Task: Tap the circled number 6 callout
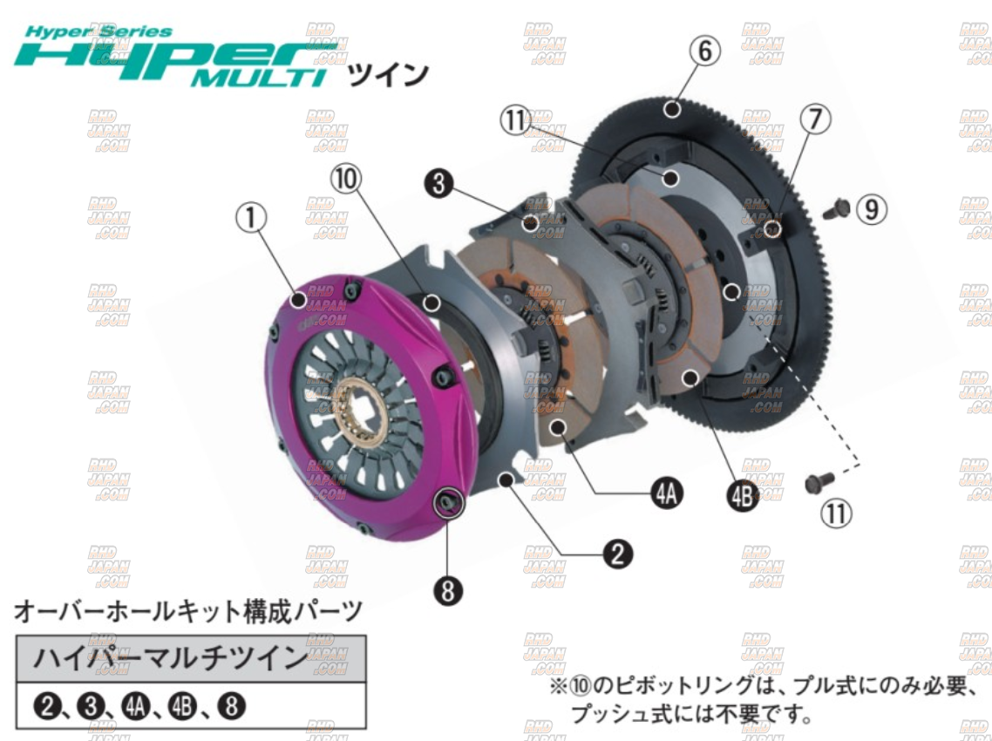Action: [706, 51]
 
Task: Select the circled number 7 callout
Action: [814, 120]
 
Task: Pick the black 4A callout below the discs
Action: [667, 494]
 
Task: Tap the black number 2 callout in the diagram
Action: [618, 553]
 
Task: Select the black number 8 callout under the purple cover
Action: [447, 590]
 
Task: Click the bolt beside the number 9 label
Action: [837, 208]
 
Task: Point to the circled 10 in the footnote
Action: [580, 687]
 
